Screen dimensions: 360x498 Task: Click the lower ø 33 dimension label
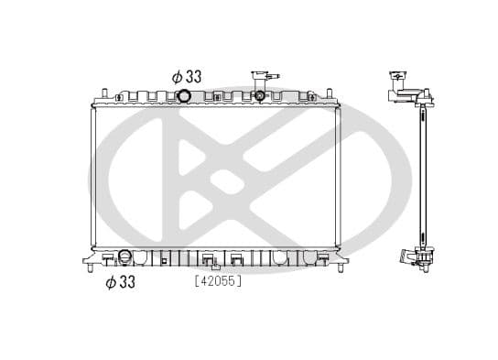(120, 282)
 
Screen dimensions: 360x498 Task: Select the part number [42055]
(217, 282)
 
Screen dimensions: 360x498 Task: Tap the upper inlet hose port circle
(184, 96)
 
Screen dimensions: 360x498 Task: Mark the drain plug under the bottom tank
(216, 268)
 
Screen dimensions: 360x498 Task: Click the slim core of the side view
(422, 174)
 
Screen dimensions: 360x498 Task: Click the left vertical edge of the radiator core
(93, 174)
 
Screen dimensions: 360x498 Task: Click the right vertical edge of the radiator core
(341, 174)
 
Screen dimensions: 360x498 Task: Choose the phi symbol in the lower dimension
(109, 282)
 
